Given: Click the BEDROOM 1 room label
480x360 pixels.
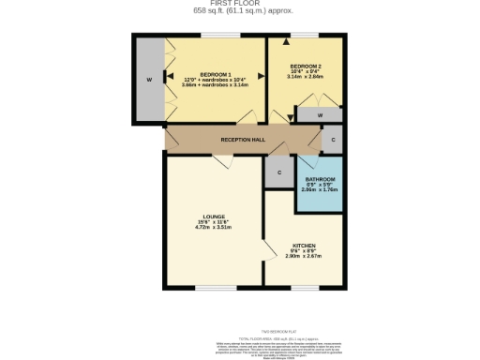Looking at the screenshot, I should coord(215,73).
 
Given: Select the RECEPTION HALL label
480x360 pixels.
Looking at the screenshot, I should coord(243,140).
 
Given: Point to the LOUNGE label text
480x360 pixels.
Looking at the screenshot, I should coord(214,216).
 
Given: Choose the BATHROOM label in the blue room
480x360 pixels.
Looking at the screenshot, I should coord(320,178).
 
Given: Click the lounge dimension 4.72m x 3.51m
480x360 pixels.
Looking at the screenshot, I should coord(214,227).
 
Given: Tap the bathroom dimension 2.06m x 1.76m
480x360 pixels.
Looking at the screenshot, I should coord(320,189).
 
